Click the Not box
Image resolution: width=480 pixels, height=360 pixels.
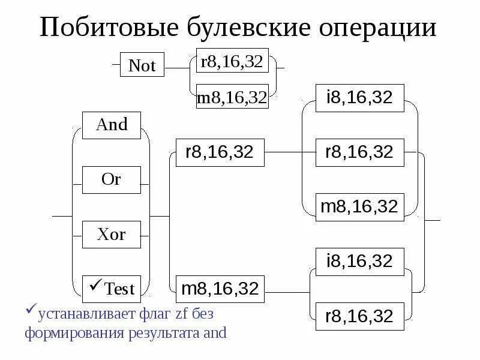point(142,66)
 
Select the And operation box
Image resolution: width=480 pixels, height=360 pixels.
point(112,125)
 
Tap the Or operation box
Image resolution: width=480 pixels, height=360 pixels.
point(112,179)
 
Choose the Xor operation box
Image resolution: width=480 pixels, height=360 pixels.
point(112,234)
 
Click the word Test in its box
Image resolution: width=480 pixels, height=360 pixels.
point(119,289)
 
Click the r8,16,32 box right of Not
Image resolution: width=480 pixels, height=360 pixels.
point(232,62)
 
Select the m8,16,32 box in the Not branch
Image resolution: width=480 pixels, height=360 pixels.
point(232,98)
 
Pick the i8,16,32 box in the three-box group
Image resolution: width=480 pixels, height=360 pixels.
point(359,98)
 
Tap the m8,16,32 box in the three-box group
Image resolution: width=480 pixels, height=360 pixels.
point(359,207)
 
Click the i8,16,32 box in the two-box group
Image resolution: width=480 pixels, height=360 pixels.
point(359,262)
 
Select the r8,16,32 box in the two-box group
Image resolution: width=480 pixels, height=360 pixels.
point(359,316)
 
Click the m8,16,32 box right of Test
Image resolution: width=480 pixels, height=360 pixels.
point(220,289)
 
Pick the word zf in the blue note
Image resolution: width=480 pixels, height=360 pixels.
point(182,313)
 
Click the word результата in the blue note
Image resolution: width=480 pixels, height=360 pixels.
point(160,333)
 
